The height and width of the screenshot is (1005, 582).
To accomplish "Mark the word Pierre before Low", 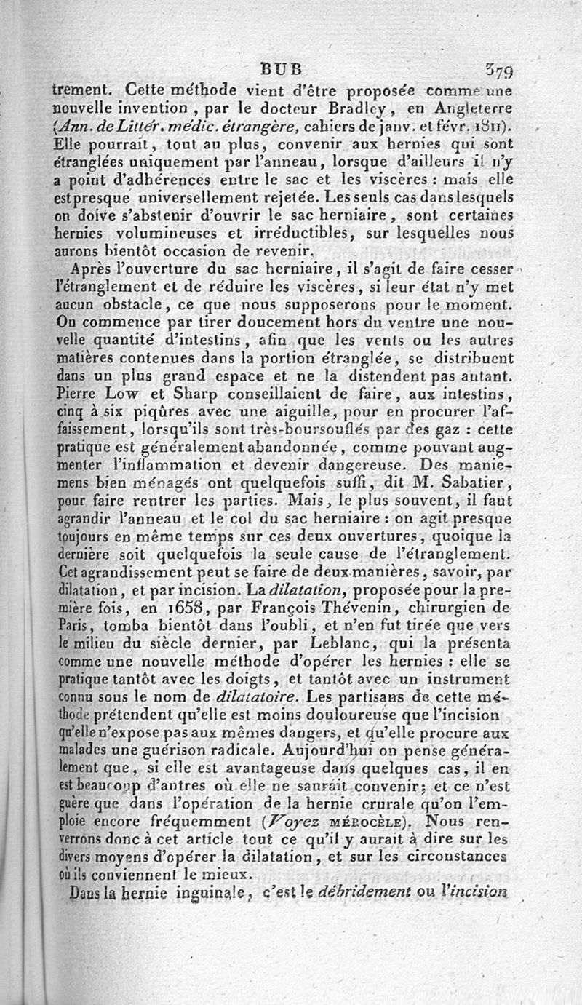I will [83, 395].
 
